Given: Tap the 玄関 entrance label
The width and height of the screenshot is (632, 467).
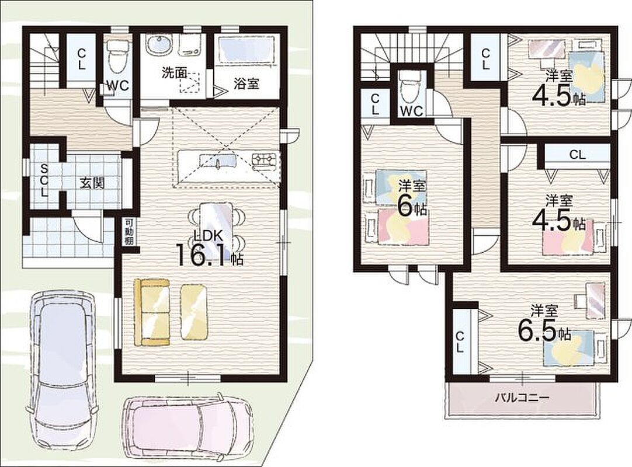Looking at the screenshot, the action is coord(92,183).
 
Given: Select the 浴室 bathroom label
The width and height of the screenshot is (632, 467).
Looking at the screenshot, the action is coord(246,83).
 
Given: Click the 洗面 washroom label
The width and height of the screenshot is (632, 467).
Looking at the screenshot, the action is coord(174,73).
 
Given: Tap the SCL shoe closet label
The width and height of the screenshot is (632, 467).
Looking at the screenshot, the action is coord(44,180).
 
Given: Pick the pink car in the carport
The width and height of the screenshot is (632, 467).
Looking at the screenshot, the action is coord(189,427).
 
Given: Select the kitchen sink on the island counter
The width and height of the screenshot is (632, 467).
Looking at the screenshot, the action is coord(218,161).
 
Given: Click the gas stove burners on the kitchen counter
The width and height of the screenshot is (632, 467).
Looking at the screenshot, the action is coord(265,160).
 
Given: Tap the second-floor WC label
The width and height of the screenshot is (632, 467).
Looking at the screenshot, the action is coord(412,110).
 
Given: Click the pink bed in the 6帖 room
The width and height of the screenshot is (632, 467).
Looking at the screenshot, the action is coord(403,226).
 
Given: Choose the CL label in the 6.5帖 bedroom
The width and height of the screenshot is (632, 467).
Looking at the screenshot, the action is coord(460,341).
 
